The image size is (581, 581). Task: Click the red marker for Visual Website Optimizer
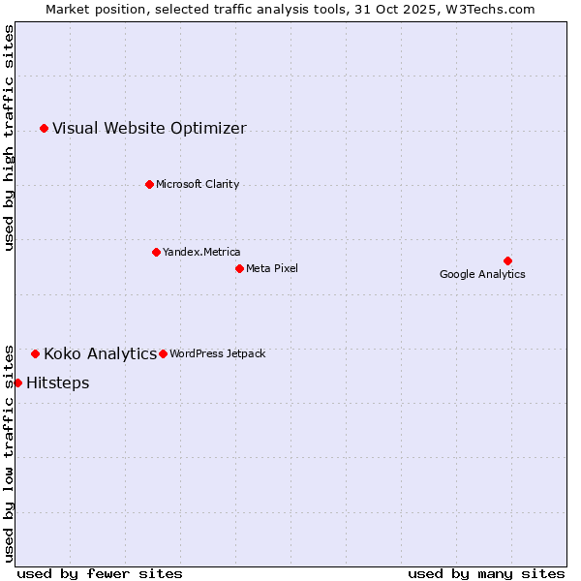point(44,128)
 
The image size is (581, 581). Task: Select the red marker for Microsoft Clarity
point(149,184)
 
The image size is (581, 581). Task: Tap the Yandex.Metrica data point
point(156,252)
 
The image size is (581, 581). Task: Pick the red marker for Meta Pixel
point(239,268)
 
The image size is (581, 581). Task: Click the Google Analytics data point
point(507,260)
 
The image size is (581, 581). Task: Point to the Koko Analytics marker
point(35,353)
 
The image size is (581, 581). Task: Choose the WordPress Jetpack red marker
point(163,353)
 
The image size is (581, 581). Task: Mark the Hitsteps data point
point(17,382)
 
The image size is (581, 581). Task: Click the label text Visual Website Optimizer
point(149,128)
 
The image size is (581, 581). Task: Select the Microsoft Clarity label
point(198,184)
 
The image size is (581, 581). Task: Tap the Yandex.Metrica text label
point(201,252)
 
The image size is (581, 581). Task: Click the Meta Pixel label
point(272,268)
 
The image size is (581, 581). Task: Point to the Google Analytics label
point(482,274)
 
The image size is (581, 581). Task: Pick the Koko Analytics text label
point(100,353)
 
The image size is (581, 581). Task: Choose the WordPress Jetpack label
point(217,353)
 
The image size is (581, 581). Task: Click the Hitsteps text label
point(57,382)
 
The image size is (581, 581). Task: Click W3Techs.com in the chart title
point(489,9)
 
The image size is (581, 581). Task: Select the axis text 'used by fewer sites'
point(100,573)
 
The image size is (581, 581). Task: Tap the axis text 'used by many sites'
point(486,573)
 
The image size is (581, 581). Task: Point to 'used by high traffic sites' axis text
point(9,138)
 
